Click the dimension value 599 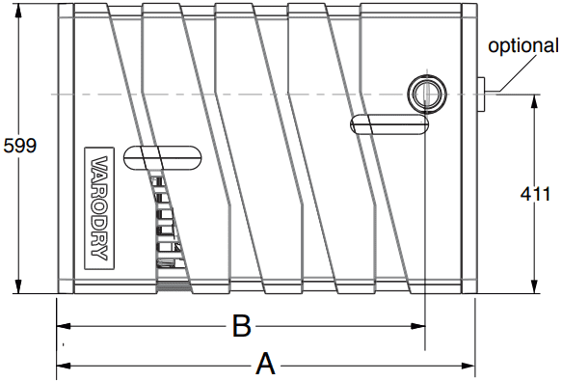20,146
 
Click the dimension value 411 535,194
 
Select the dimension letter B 242,326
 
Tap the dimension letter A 265,365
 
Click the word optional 523,46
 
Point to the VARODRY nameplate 99,208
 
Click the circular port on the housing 427,94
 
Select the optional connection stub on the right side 481,94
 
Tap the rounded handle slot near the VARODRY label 162,157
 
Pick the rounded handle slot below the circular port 389,124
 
